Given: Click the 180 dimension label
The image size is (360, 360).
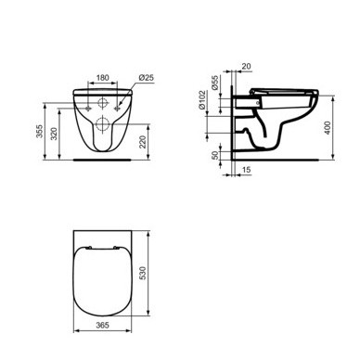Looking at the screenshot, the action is (x=103, y=77).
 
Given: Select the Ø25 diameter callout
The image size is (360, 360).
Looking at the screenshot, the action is (x=146, y=77).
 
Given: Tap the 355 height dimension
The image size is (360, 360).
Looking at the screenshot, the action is (x=39, y=132).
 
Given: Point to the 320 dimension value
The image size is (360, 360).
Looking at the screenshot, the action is (x=54, y=134).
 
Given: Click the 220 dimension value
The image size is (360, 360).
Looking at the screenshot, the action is (x=143, y=142).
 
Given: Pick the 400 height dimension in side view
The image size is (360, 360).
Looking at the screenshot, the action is (x=328, y=128).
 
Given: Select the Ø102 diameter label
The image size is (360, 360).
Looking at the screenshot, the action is (x=202, y=99).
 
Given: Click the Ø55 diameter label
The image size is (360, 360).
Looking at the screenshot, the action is (x=215, y=83).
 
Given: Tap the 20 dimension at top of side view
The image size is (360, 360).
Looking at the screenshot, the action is (x=246, y=66).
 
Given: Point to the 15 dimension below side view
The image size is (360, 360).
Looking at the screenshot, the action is (x=246, y=170).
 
